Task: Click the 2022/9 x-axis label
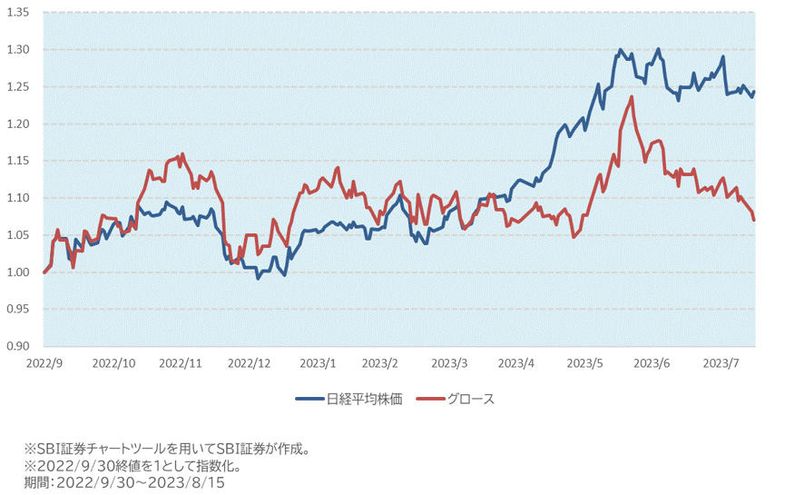(44, 362)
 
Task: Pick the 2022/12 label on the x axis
(249, 362)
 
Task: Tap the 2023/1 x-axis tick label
(317, 362)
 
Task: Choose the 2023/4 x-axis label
(518, 362)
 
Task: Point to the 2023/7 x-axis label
(721, 362)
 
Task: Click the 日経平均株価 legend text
(364, 399)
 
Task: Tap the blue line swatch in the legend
(309, 399)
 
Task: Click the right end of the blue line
(754, 92)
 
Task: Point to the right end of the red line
(754, 219)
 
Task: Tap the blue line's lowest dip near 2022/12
(258, 278)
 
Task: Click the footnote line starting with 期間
(123, 482)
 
